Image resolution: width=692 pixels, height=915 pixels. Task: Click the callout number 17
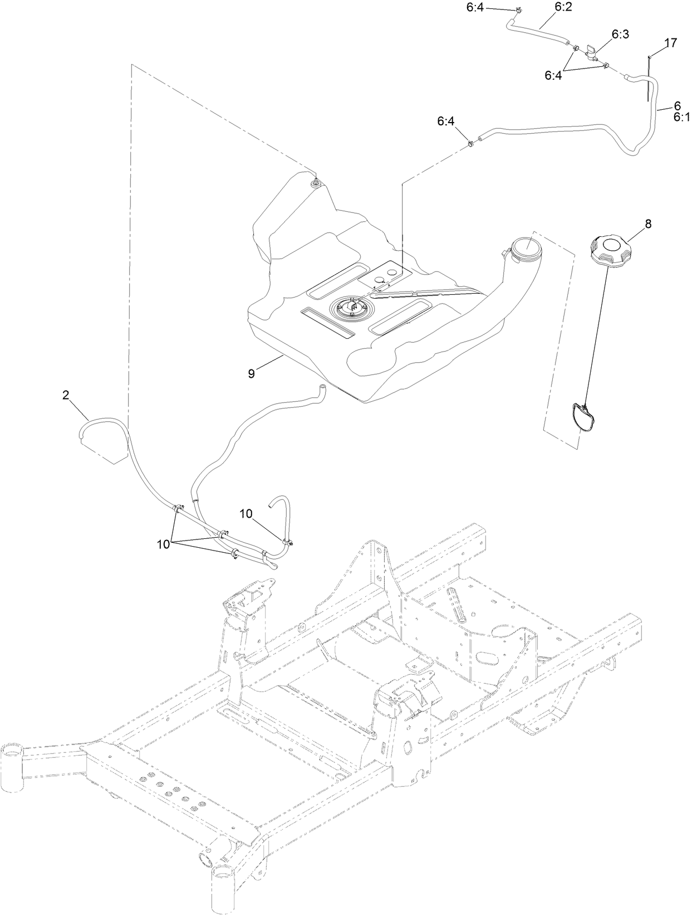[x=670, y=42]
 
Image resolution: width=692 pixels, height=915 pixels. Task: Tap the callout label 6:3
[x=620, y=34]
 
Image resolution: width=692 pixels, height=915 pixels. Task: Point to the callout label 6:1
[x=681, y=116]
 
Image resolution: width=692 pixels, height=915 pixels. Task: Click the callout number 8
[x=632, y=223]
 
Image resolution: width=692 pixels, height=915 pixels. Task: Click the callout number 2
[x=66, y=395]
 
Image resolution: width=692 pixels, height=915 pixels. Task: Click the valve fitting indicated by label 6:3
[x=589, y=55]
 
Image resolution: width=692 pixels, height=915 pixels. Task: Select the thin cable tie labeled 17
[x=649, y=78]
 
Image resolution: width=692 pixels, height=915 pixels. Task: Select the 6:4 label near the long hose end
[x=446, y=120]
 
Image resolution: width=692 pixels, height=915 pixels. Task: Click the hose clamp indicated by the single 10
[x=289, y=542]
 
